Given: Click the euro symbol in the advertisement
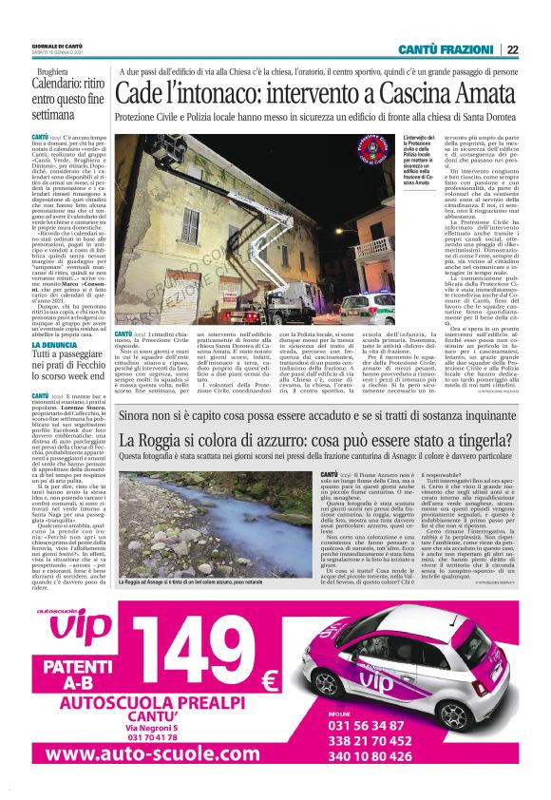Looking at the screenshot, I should pyautogui.click(x=269, y=680).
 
